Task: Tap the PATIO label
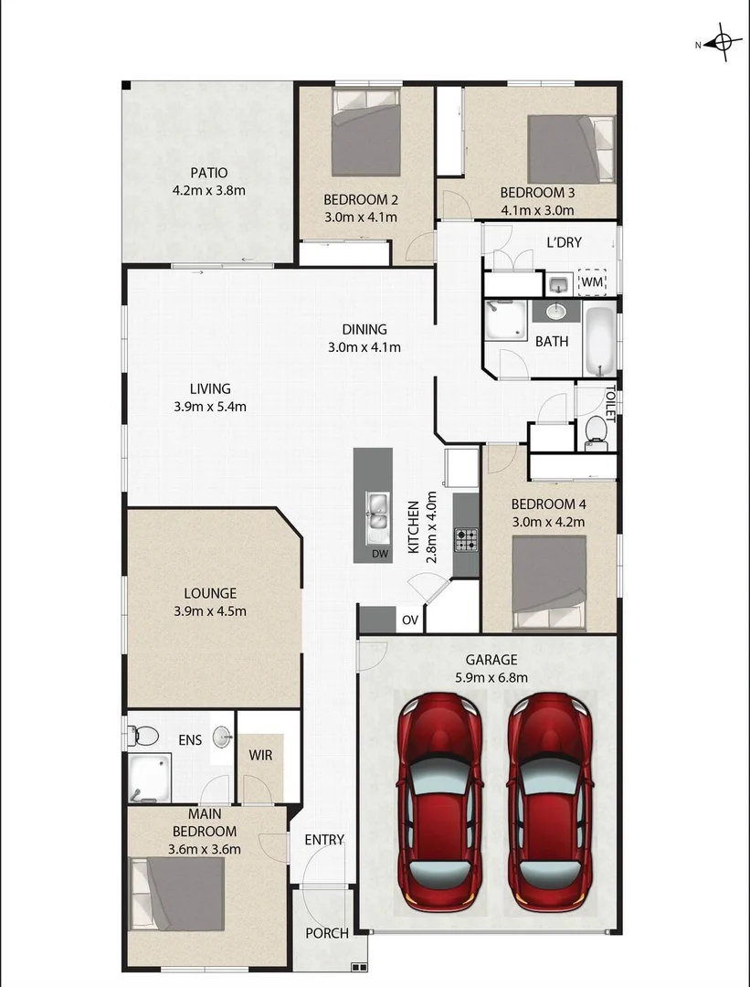(x=209, y=173)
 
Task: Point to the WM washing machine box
(x=593, y=283)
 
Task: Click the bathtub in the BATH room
(x=600, y=342)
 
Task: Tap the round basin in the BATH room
(x=555, y=313)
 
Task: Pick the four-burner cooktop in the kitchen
(x=466, y=540)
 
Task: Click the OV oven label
(x=410, y=621)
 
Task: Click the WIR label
(x=261, y=756)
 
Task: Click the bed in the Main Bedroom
(x=178, y=893)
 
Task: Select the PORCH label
(x=327, y=933)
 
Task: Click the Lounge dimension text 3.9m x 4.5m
(x=209, y=611)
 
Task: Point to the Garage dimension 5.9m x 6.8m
(x=491, y=677)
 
